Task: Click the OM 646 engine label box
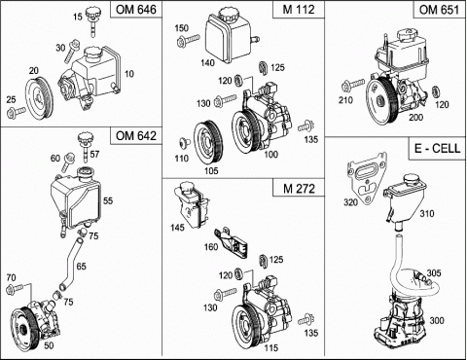(x=136, y=9)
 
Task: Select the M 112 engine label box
(x=299, y=9)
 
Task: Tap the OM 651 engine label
(x=440, y=9)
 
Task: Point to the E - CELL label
(x=437, y=149)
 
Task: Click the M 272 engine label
(x=299, y=188)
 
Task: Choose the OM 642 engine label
(x=136, y=135)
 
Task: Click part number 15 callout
(x=78, y=17)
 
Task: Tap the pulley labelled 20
(x=40, y=98)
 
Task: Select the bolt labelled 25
(x=16, y=112)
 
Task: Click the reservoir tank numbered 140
(x=231, y=36)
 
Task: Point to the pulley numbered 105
(x=208, y=143)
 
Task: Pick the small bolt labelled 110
(x=184, y=143)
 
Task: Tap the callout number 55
(x=108, y=200)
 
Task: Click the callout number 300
(x=437, y=320)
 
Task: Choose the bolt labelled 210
(x=353, y=86)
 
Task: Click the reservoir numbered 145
(x=192, y=205)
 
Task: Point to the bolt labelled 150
(x=188, y=41)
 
